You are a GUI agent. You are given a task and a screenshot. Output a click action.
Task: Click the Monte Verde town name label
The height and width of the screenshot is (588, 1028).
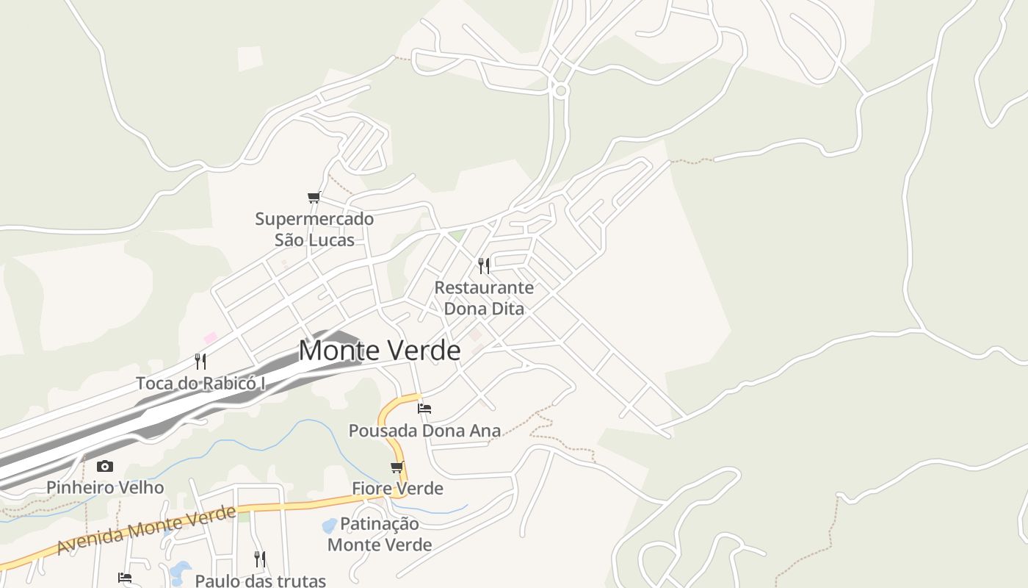pos(380,351)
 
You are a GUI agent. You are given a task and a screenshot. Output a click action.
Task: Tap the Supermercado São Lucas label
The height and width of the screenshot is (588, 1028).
pos(314,229)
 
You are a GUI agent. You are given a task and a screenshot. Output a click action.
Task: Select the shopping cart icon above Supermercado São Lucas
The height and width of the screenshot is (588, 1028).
pos(314,197)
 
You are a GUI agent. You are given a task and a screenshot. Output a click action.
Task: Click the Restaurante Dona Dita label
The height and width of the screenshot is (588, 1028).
pos(484,298)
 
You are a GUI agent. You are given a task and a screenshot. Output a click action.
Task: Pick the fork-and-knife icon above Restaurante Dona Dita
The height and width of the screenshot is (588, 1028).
pos(484,265)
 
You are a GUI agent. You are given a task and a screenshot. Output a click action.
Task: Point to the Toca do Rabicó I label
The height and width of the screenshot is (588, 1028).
pos(200,383)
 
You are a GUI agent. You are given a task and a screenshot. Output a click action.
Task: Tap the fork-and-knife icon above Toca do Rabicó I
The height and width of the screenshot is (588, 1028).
pos(200,361)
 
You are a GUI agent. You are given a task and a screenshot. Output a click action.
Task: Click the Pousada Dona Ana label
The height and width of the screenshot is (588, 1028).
pos(424,431)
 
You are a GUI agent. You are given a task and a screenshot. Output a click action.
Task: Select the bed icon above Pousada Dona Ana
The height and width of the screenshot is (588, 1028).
pos(424,408)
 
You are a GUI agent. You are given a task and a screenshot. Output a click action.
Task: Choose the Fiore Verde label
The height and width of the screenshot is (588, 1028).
pos(397,488)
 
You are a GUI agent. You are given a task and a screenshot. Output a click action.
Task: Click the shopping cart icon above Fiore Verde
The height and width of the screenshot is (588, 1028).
pos(397,467)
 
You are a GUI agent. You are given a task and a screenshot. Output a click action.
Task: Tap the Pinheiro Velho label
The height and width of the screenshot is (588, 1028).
pos(105,487)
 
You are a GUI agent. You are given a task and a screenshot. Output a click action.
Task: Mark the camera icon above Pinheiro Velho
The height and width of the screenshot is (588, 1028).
pos(105,466)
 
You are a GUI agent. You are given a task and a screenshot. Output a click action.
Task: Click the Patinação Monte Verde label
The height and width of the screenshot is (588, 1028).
pos(380,534)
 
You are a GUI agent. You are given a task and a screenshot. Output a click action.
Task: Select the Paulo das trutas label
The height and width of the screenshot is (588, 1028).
pos(260,581)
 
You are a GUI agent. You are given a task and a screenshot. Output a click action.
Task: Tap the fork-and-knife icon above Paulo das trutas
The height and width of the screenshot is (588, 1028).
pos(259,559)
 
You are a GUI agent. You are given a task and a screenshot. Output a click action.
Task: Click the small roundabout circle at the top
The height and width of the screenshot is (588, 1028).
pos(561,91)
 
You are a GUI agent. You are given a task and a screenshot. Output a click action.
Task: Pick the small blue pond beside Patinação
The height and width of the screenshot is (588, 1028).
pos(330,526)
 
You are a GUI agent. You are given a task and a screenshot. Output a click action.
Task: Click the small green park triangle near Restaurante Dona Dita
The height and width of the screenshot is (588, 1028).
pos(458,236)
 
